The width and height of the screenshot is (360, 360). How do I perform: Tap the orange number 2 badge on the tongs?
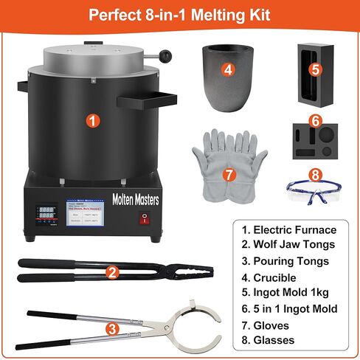pyautogui.click(x=112, y=271)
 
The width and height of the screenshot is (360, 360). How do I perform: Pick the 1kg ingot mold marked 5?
pyautogui.click(x=314, y=71)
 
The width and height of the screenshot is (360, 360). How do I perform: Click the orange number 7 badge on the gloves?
pyautogui.click(x=228, y=175)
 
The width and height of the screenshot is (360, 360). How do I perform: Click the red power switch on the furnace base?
pyautogui.click(x=145, y=218)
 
